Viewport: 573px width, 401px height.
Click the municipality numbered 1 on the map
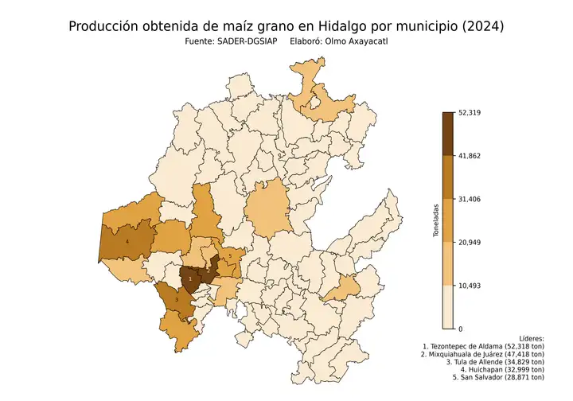tap(190, 279)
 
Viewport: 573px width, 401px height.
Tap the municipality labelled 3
tap(177, 300)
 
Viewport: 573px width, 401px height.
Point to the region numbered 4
tap(127, 240)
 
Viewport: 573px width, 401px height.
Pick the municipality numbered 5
tap(230, 256)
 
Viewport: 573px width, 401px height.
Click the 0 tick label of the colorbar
tap(461, 329)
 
